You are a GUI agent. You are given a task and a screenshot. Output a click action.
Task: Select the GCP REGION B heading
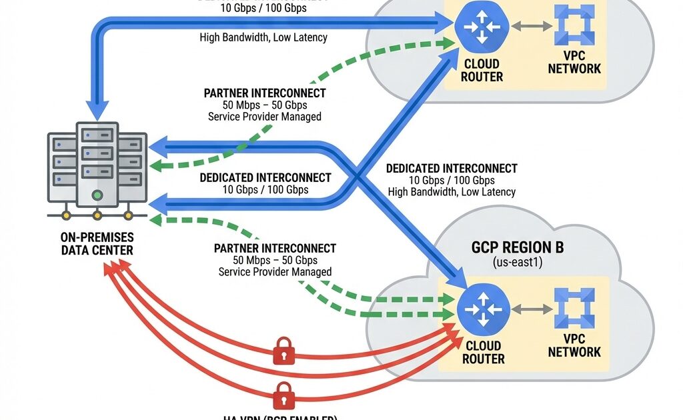pyautogui.click(x=517, y=248)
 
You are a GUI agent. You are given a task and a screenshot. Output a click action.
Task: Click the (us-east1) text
pyautogui.click(x=517, y=263)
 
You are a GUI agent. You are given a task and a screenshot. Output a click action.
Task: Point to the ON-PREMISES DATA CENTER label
pyautogui.click(x=97, y=244)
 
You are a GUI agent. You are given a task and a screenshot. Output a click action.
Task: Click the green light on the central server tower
pyautogui.click(x=97, y=195)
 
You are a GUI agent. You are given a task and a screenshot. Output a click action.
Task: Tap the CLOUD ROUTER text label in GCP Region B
pyautogui.click(x=484, y=353)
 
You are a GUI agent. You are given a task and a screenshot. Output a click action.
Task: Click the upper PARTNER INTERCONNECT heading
pyautogui.click(x=265, y=93)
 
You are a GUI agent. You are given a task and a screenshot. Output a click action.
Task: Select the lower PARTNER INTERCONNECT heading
pyautogui.click(x=275, y=248)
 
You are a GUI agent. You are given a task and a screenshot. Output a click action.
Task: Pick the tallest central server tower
pyautogui.click(x=97, y=164)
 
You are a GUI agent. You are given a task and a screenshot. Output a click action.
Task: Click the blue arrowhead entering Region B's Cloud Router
pyautogui.click(x=460, y=275)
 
